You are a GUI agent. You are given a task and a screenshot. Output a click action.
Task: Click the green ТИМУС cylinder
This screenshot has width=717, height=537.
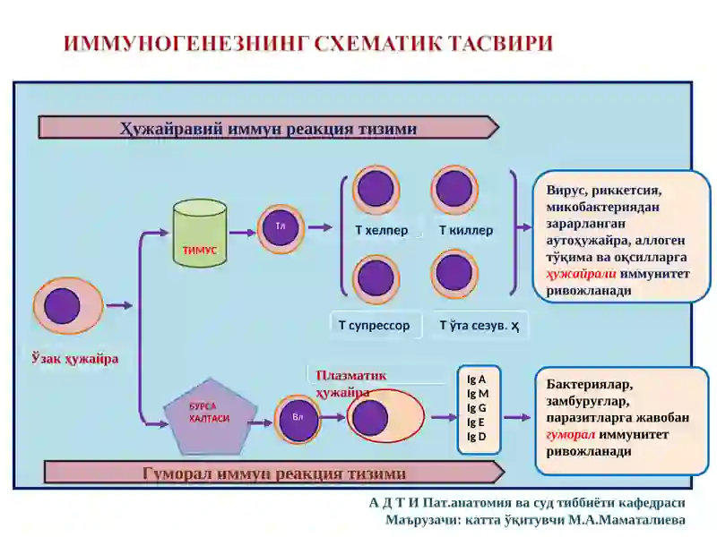pos(200,233)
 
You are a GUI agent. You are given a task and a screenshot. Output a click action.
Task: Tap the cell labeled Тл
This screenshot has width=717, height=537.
pos(281,228)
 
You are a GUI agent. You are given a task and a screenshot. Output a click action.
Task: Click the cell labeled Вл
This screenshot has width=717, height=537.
pos(298,418)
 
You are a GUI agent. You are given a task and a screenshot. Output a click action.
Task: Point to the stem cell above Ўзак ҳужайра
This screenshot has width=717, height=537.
pos(68,306)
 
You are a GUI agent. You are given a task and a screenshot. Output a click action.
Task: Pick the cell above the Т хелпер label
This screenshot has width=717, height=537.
pos(376,190)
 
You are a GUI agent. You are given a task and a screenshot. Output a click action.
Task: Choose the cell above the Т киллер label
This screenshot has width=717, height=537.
pos(454,189)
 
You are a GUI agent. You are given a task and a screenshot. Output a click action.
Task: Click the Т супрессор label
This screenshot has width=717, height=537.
pos(375,325)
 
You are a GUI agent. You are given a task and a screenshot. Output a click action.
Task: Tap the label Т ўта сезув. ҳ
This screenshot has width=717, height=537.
pos(479,325)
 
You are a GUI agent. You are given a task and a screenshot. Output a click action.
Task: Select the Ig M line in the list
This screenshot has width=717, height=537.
pos(478,393)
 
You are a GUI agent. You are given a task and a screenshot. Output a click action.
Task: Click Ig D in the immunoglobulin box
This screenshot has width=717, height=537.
pos(477,437)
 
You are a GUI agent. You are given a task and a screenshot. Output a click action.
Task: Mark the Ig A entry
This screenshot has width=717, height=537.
pos(476,379)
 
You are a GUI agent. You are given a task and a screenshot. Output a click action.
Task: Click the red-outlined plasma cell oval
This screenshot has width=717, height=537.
pos(385,416)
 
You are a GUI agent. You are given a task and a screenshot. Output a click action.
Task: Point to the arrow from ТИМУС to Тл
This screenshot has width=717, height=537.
pos(242,233)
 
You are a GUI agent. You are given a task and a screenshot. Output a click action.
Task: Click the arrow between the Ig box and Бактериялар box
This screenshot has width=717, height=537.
pos(518,417)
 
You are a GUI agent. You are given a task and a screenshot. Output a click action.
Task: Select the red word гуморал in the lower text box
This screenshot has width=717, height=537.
pos(571,434)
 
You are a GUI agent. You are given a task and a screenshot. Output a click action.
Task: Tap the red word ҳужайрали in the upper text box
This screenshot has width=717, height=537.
pos(581,274)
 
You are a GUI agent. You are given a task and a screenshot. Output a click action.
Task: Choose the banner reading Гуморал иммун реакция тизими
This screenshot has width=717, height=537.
pos(274,473)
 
